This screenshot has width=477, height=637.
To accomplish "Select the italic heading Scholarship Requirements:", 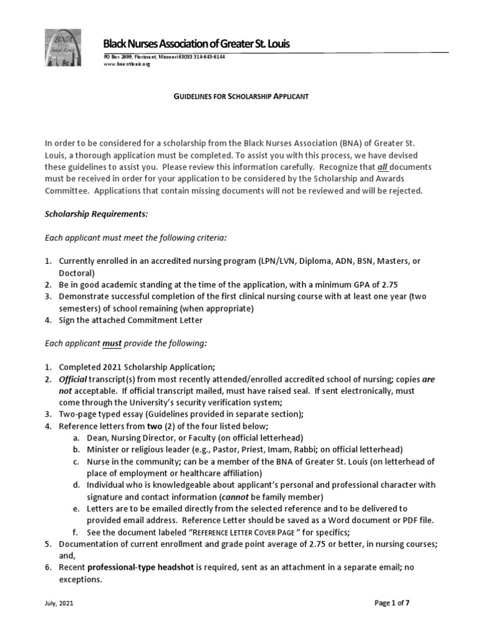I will coord(96,213).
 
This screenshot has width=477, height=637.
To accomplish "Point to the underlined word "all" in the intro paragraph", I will coord(384,167).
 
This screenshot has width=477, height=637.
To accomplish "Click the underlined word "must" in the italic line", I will coord(112,343).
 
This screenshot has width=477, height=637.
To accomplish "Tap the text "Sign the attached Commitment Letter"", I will coord(130,320).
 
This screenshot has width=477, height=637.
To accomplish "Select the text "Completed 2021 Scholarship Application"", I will coord(136,366).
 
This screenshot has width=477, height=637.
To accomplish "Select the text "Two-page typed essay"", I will coord(98,414).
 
